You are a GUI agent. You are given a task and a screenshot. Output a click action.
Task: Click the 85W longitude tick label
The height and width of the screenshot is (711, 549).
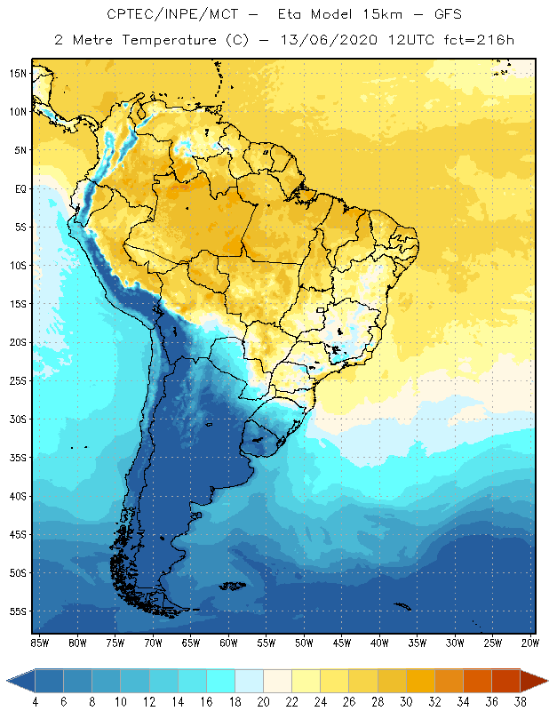pyautogui.click(x=39, y=642)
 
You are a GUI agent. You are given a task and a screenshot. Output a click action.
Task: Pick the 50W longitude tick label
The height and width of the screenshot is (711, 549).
pyautogui.click(x=304, y=642)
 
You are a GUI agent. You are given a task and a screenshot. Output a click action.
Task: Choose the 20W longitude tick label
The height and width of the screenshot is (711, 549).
pyautogui.click(x=530, y=642)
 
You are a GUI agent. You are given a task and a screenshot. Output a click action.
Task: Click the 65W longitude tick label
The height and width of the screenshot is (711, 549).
pyautogui.click(x=190, y=642)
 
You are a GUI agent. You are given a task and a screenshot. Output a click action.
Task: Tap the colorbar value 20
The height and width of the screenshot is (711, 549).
pyautogui.click(x=264, y=701)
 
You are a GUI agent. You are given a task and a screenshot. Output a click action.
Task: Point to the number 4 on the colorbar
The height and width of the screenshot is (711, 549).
pyautogui.click(x=36, y=701)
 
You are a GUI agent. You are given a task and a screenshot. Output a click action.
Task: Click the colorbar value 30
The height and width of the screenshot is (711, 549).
pyautogui.click(x=406, y=701)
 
